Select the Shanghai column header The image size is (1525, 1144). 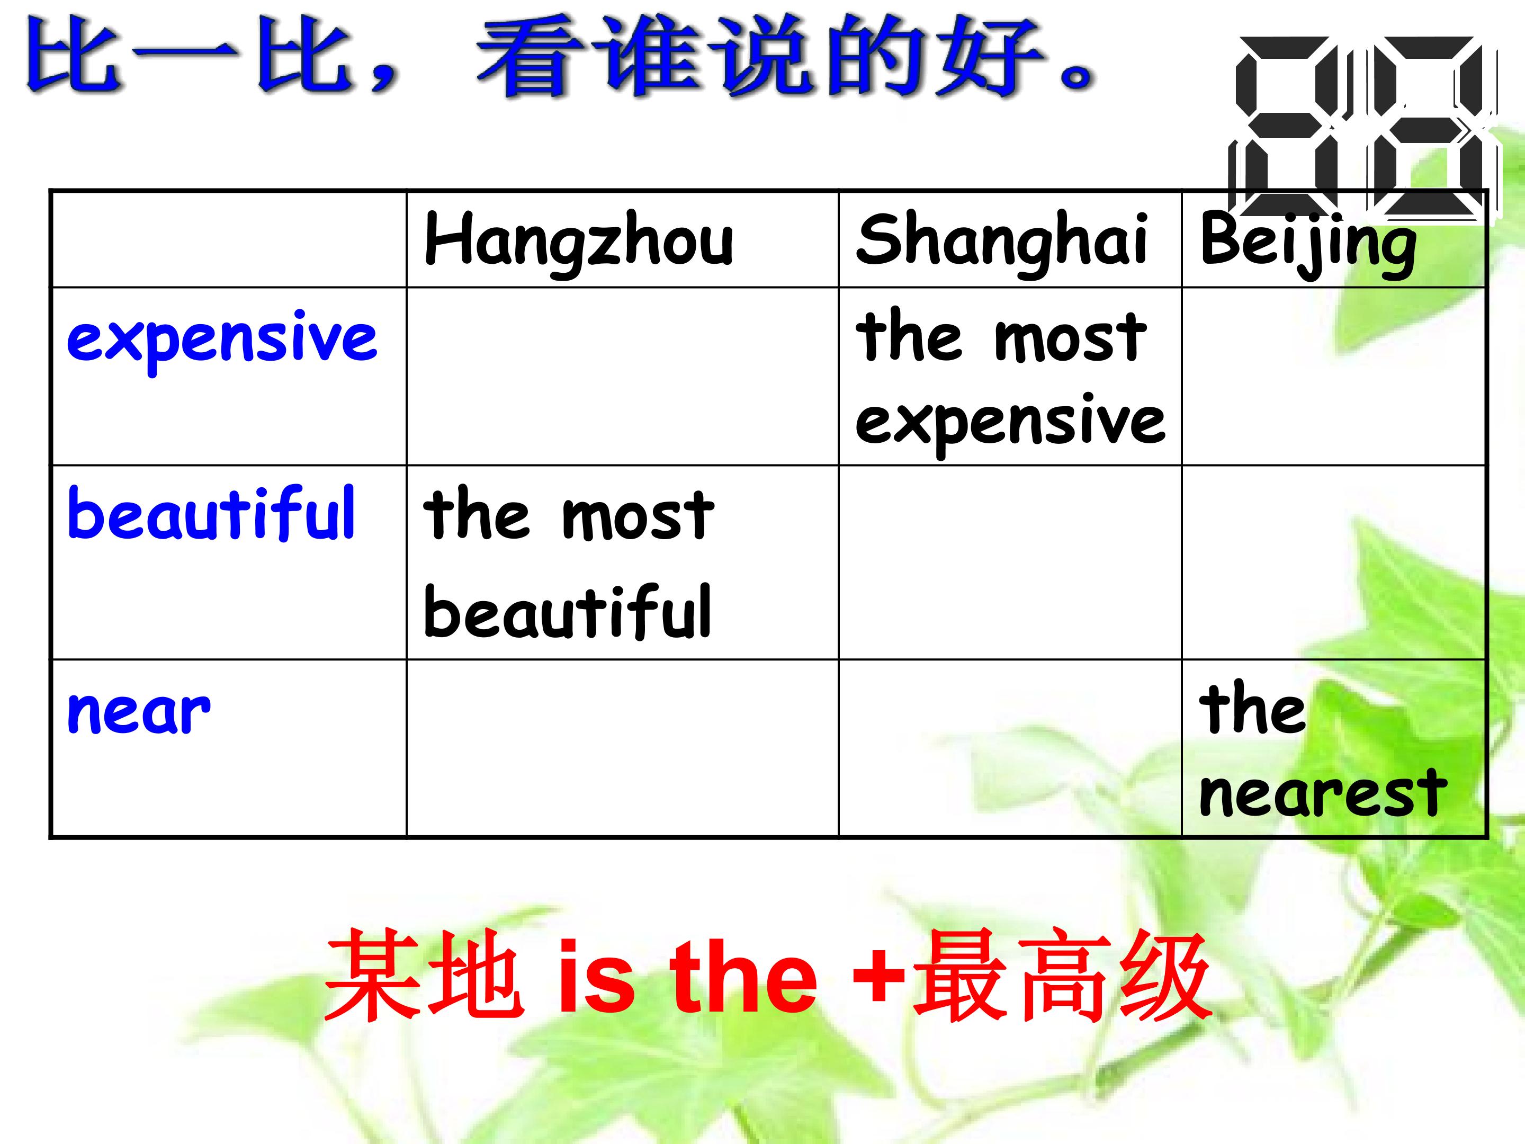coord(1001,240)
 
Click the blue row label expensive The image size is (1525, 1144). coord(222,338)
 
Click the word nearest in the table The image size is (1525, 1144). coord(1322,793)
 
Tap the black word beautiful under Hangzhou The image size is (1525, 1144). coord(567,612)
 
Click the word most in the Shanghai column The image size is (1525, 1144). coord(1070,338)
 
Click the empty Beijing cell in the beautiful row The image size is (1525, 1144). coord(1333,562)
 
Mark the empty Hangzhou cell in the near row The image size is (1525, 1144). coord(622,749)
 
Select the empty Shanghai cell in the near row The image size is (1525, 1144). coord(1010,749)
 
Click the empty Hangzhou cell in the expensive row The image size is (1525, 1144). coord(622,377)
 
